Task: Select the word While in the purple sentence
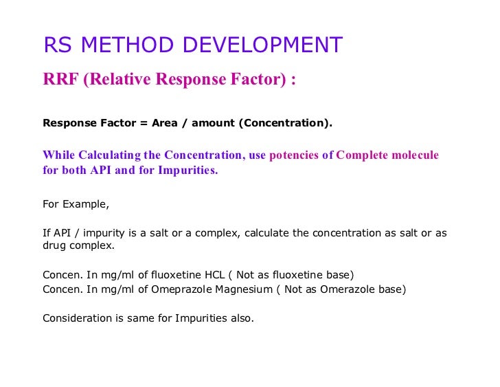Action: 58,155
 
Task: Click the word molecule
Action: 414,155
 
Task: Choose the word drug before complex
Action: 54,245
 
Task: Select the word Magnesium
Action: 244,289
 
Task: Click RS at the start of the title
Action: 57,45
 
